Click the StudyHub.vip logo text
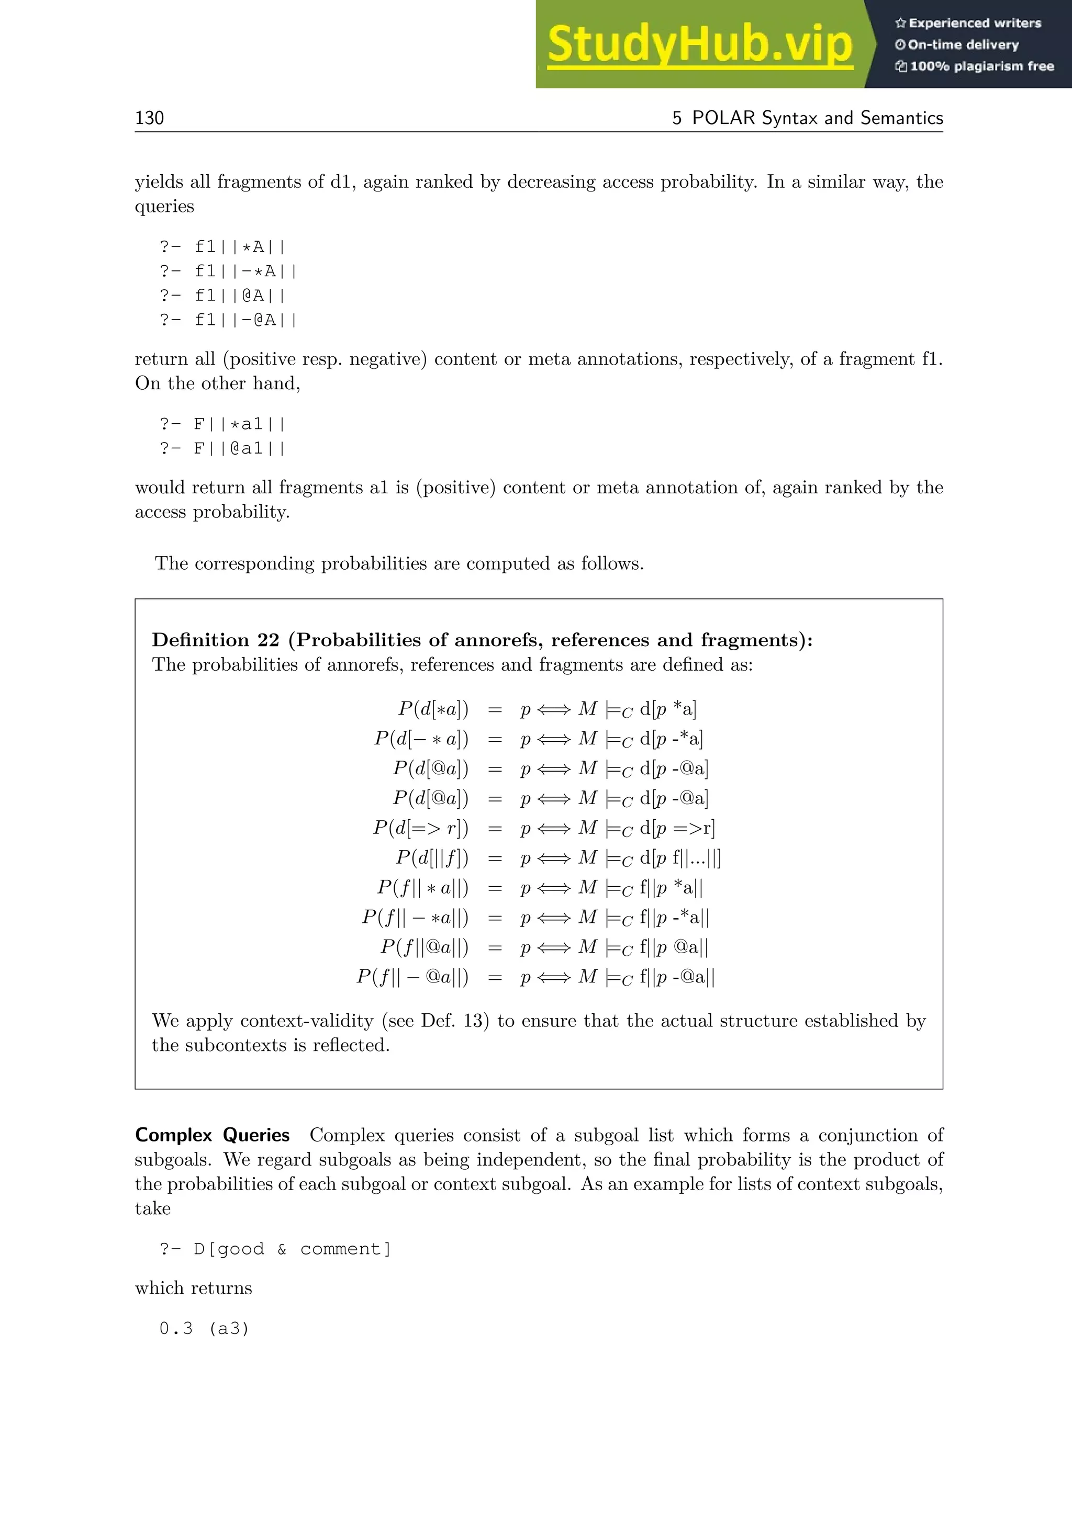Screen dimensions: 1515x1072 700,45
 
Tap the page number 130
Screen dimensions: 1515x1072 149,118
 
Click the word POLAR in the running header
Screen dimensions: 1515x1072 723,118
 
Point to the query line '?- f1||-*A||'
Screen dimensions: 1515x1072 228,271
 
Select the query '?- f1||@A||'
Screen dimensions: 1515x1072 222,296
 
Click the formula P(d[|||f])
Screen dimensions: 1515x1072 432,858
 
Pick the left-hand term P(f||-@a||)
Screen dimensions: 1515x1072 412,977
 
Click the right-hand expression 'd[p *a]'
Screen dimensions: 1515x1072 668,709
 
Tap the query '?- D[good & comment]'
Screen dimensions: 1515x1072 275,1249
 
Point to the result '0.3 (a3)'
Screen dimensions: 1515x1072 204,1328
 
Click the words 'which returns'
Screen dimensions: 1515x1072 193,1288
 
